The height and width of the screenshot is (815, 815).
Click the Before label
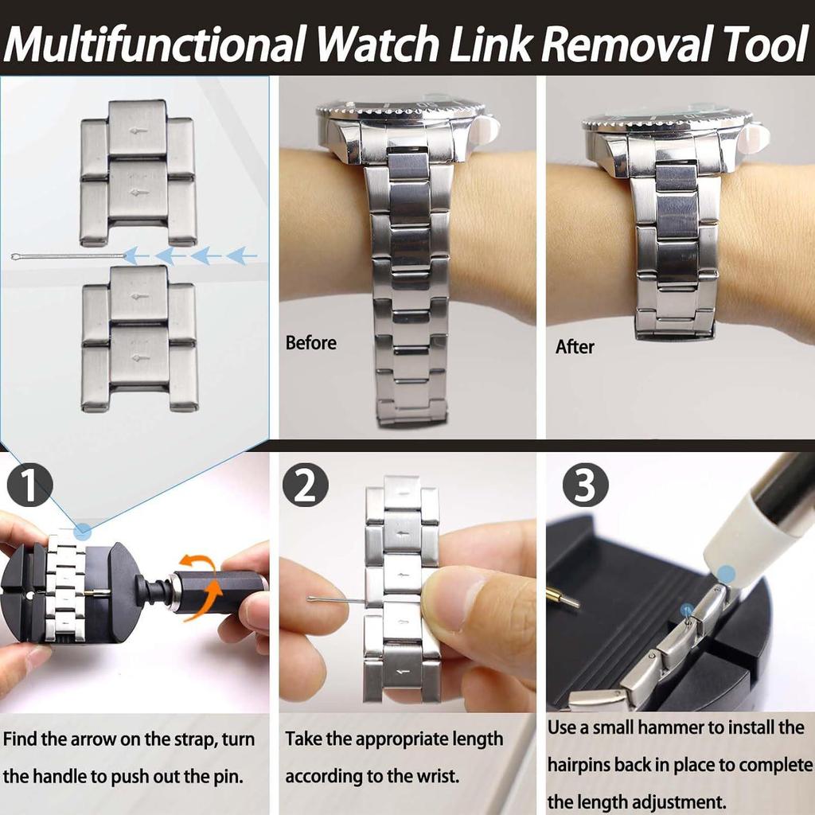(310, 343)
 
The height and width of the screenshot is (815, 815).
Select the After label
(575, 347)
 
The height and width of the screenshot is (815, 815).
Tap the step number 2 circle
(305, 485)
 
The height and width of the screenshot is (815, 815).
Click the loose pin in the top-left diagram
(68, 256)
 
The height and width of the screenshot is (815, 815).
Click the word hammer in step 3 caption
(691, 727)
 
